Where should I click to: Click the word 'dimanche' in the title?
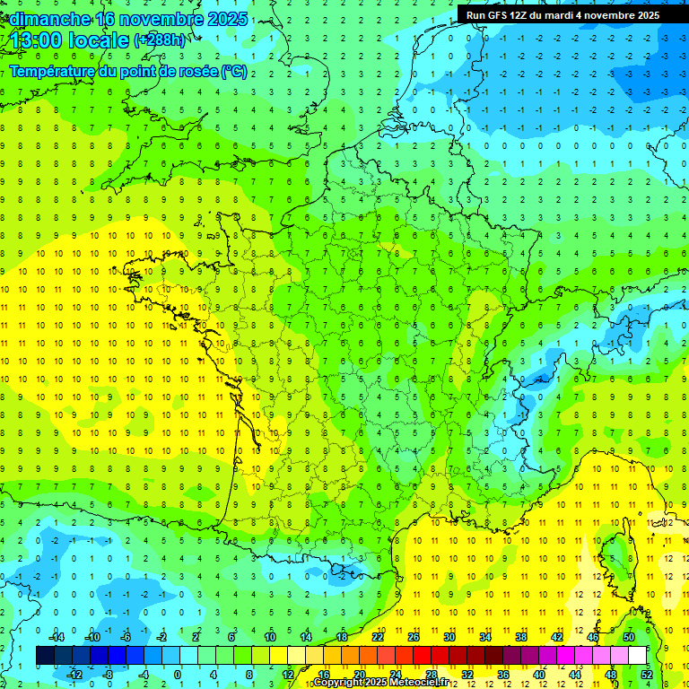pyautogui.click(x=48, y=18)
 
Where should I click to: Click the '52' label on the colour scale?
pyautogui.click(x=646, y=674)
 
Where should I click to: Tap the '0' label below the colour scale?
pyautogui.click(x=177, y=674)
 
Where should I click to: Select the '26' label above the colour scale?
pyautogui.click(x=414, y=636)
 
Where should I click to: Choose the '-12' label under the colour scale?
pyautogui.click(x=74, y=674)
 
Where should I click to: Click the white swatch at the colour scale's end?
pyautogui.click(x=637, y=655)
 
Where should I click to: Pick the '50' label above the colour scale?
pyautogui.click(x=628, y=636)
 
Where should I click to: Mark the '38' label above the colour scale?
pyautogui.click(x=520, y=636)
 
